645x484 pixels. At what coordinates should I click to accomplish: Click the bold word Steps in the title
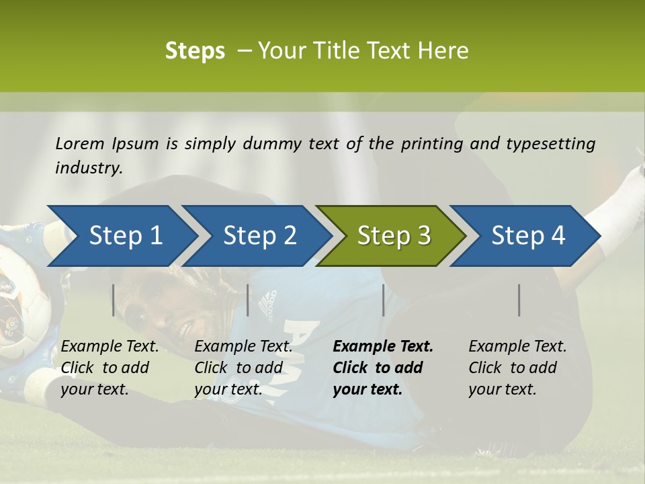(x=195, y=51)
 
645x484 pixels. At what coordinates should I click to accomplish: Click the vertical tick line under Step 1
(x=114, y=300)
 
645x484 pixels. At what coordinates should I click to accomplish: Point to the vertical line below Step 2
(x=248, y=300)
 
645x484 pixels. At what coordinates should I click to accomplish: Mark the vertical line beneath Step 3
(x=383, y=300)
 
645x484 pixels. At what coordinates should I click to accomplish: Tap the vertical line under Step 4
(x=519, y=300)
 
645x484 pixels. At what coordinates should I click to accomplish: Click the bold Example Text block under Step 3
(x=383, y=368)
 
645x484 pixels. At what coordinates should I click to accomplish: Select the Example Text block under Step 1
(x=110, y=368)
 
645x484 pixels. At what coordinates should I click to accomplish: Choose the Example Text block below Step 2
(x=243, y=368)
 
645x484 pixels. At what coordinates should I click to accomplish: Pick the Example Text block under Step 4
(x=517, y=368)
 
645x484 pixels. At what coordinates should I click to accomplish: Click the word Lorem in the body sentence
(x=79, y=143)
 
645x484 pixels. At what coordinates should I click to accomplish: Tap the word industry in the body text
(x=89, y=167)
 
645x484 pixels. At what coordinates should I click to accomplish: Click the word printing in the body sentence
(x=431, y=143)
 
